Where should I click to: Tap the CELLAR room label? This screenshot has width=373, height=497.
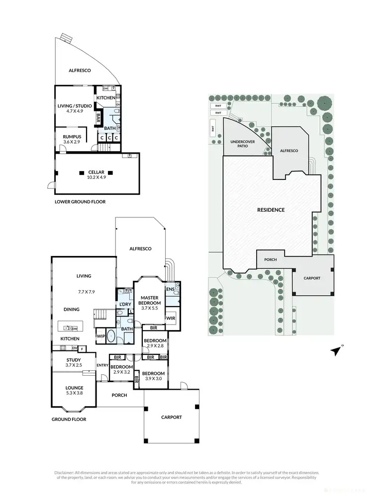pyautogui.click(x=96, y=172)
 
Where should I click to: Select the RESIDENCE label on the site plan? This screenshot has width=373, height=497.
pyautogui.click(x=271, y=210)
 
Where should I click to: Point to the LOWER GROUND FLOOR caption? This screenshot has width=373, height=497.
pyautogui.click(x=80, y=202)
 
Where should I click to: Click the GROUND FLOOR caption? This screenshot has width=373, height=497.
pyautogui.click(x=69, y=419)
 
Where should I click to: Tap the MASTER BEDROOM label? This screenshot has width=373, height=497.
pyautogui.click(x=150, y=300)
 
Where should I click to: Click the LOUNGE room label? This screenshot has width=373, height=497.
pyautogui.click(x=75, y=387)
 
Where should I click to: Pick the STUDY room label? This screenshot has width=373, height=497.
pyautogui.click(x=74, y=360)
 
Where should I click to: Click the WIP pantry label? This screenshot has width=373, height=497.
pyautogui.click(x=101, y=336)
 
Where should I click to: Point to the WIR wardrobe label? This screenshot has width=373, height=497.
pyautogui.click(x=170, y=318)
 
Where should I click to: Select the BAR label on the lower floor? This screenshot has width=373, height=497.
pyautogui.click(x=98, y=119)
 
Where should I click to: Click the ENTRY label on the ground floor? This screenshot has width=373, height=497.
pyautogui.click(x=102, y=365)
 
